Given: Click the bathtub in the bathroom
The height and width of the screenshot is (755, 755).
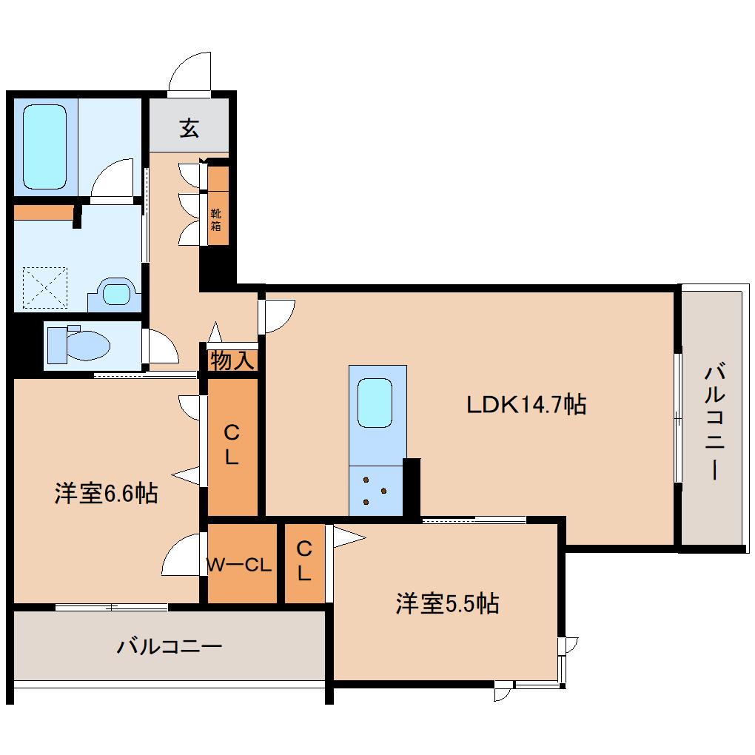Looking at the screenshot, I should point(44,147).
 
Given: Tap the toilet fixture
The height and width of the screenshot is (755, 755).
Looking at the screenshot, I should point(78,345).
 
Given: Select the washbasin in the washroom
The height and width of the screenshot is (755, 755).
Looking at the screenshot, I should point(115,294).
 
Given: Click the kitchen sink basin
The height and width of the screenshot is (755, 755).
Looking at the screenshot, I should point(375,403).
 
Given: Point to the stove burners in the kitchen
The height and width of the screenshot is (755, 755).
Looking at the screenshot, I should point(375,491).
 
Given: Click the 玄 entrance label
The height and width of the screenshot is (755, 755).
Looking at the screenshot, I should point(189,129).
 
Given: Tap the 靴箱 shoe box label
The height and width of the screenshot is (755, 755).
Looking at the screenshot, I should point(216,220).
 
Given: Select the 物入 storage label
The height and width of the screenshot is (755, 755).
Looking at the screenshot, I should point(232,361).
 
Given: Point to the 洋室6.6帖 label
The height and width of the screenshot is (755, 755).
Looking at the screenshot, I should point(106,494).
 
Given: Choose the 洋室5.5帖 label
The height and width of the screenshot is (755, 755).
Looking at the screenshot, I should point(446,604).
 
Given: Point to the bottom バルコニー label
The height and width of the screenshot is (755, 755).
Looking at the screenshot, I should point(170,646).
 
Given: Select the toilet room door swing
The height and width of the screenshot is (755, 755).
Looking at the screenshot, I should point(162,346).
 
